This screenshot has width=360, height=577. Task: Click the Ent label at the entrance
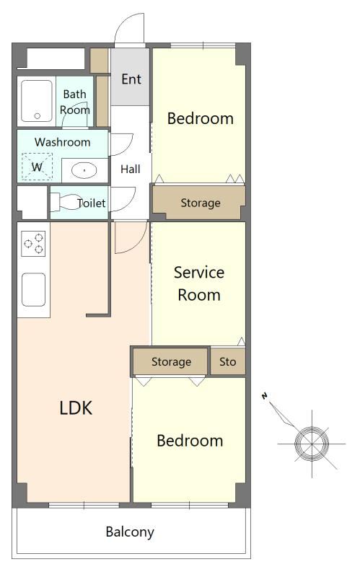[131, 79]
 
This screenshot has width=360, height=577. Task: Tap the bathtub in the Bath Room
[37, 101]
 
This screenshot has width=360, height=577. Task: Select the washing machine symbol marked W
[37, 167]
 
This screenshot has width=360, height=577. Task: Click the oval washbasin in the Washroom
[84, 170]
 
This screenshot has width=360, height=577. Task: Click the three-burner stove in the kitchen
[33, 243]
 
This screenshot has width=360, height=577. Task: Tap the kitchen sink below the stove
[33, 290]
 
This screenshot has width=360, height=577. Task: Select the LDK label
[76, 408]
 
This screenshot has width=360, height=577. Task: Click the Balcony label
[130, 532]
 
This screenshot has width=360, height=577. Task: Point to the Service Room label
[199, 283]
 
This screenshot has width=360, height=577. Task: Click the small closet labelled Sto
[227, 361]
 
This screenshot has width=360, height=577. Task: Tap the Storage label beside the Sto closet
[171, 362]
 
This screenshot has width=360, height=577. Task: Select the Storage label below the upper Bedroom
[201, 203]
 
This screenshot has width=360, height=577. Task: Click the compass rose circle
[312, 443]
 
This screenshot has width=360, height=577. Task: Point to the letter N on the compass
[264, 396]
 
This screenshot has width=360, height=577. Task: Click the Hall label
[131, 169]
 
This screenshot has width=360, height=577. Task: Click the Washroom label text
[63, 142]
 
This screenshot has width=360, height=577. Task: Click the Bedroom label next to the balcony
[190, 441]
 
